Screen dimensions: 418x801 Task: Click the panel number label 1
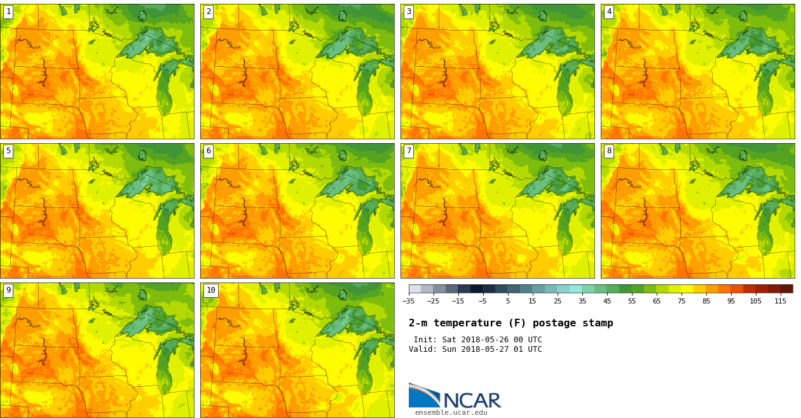point(8,11)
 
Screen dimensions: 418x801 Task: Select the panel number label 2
point(209,11)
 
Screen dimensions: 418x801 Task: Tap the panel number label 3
point(409,11)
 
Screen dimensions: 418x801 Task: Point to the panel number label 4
point(609,11)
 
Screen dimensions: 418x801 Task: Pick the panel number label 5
point(8,151)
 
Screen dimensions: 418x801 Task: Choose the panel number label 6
point(209,151)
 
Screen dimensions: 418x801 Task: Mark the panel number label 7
point(409,151)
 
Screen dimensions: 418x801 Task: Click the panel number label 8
point(609,151)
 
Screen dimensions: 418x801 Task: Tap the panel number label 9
point(8,290)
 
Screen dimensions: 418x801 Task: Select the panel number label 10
point(211,290)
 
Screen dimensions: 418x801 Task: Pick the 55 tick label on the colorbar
point(632,301)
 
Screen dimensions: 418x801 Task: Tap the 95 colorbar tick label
point(731,301)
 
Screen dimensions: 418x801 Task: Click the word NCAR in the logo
point(472,401)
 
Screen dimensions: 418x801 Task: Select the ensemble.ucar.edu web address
point(451,413)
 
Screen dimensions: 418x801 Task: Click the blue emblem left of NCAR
point(423,396)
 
